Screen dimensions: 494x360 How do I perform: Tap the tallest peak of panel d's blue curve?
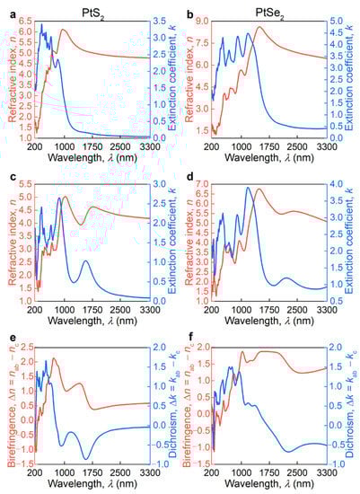[x=248, y=188]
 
